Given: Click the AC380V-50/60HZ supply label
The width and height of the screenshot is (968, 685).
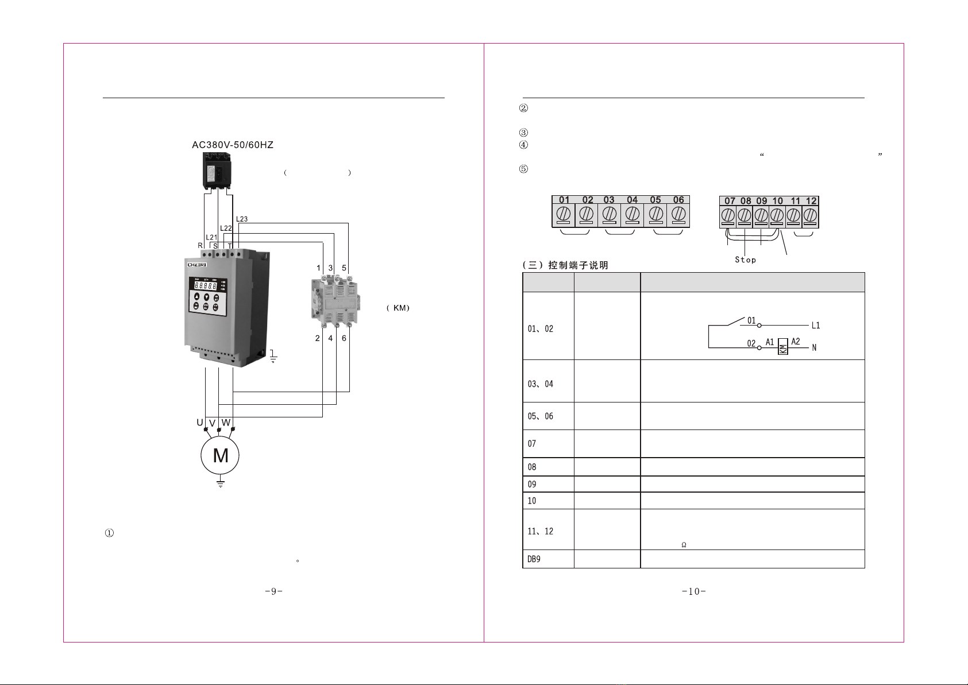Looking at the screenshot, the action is pyautogui.click(x=233, y=145).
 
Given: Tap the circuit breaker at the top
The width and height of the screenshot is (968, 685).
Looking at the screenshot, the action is pyautogui.click(x=217, y=172).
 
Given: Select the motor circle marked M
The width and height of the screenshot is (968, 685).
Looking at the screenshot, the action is pyautogui.click(x=220, y=455).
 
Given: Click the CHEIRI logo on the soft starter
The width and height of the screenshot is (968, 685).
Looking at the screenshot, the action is pyautogui.click(x=197, y=265).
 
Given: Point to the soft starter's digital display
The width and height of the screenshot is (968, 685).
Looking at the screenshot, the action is pyautogui.click(x=205, y=285).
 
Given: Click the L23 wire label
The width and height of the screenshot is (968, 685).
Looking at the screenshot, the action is pyautogui.click(x=242, y=219).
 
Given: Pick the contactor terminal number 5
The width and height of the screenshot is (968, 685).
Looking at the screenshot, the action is pyautogui.click(x=344, y=268).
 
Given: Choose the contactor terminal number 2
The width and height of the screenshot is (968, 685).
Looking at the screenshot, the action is pyautogui.click(x=317, y=338).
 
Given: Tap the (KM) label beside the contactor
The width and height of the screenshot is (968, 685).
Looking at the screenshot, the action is pyautogui.click(x=398, y=308).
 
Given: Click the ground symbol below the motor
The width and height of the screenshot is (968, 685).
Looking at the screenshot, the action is pyautogui.click(x=221, y=483).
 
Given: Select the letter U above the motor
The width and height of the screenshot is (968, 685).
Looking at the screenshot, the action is pyautogui.click(x=200, y=423).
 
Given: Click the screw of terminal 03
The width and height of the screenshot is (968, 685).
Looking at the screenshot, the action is pyautogui.click(x=610, y=214).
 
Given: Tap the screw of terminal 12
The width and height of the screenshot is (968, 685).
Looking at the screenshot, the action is pyautogui.click(x=810, y=215).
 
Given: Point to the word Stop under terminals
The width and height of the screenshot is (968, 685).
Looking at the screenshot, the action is pyautogui.click(x=746, y=260).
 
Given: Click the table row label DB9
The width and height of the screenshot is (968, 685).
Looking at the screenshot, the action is pyautogui.click(x=534, y=559).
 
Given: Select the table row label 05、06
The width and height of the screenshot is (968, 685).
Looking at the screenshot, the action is pyautogui.click(x=540, y=416).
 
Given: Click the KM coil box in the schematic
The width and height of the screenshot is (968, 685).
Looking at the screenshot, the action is pyautogui.click(x=782, y=346).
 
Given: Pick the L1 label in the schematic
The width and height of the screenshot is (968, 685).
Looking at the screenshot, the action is pyautogui.click(x=815, y=325).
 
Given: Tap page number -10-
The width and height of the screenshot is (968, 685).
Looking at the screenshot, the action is pyautogui.click(x=694, y=591).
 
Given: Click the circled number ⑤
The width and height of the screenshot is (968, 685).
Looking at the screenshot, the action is pyautogui.click(x=523, y=169).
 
